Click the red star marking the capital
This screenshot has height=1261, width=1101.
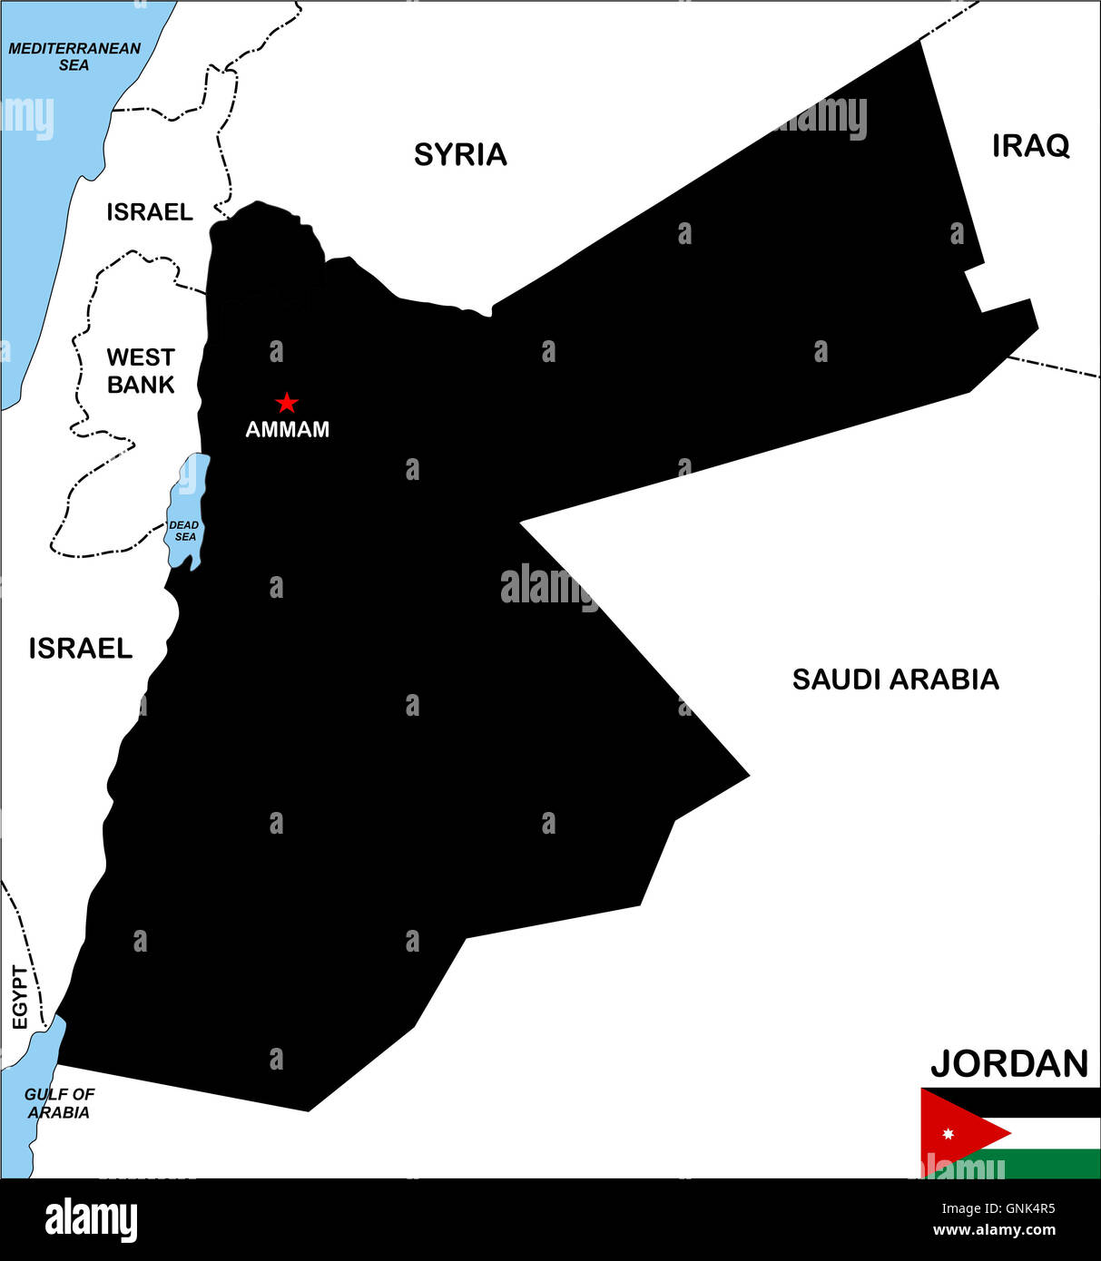tap(287, 402)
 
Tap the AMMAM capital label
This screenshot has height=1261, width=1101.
tap(287, 429)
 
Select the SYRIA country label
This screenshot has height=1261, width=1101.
tap(460, 155)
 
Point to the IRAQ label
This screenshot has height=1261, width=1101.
tap(1030, 146)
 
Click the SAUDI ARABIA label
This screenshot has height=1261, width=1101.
tap(895, 679)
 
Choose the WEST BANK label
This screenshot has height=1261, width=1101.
tap(141, 371)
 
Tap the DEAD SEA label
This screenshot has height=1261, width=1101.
tap(184, 531)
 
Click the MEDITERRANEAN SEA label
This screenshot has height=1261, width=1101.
tap(74, 56)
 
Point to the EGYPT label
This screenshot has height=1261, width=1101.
tap(20, 997)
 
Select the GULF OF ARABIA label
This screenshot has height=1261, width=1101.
tap(59, 1103)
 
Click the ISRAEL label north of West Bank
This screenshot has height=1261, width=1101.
tap(150, 212)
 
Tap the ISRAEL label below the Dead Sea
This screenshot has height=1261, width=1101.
tap(81, 649)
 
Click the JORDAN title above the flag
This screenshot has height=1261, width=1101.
tap(1008, 1063)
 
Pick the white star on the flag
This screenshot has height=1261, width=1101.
tap(948, 1134)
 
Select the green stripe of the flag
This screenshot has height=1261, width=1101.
tap(1053, 1164)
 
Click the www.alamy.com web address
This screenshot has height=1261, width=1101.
tap(994, 1230)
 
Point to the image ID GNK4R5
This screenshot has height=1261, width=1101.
tap(998, 1208)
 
